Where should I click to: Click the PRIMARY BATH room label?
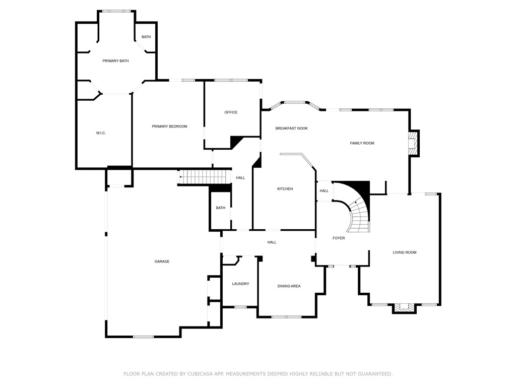(x=115, y=61)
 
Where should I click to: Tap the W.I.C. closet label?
(x=101, y=133)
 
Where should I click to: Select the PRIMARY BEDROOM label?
(x=169, y=126)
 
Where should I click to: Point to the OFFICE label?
(x=231, y=112)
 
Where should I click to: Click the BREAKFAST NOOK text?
(x=291, y=128)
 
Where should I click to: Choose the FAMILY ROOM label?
(x=362, y=144)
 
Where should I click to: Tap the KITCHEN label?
(x=285, y=189)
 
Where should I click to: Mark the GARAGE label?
(x=162, y=262)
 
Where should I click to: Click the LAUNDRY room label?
(x=240, y=284)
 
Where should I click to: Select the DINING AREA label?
(x=289, y=286)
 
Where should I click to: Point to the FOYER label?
(x=339, y=238)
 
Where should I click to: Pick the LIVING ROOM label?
(x=405, y=252)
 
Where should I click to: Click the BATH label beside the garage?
(x=221, y=208)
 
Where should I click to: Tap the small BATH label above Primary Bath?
(x=146, y=37)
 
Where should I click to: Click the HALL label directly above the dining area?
(x=272, y=242)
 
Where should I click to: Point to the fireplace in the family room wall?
(x=412, y=144)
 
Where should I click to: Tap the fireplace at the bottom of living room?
(x=404, y=307)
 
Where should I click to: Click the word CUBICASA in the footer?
(x=197, y=374)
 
